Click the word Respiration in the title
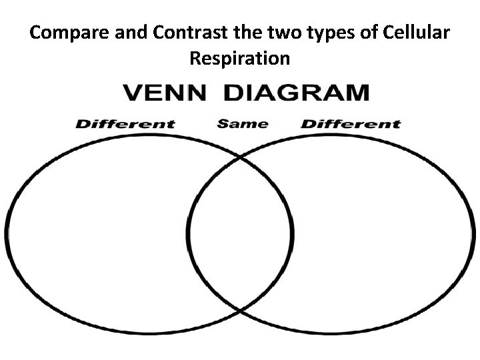(x=240, y=59)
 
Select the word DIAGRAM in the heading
(x=296, y=92)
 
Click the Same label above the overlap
(x=243, y=123)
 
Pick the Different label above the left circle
(x=125, y=123)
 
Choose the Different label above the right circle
(x=351, y=123)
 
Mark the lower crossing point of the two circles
(x=240, y=311)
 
